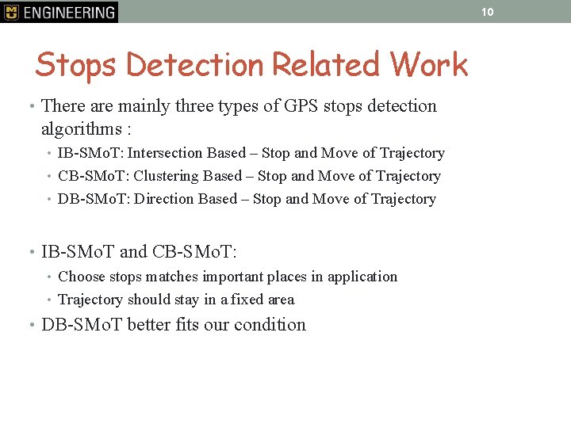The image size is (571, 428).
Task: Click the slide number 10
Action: point(488,12)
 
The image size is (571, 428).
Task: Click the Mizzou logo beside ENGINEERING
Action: point(11,12)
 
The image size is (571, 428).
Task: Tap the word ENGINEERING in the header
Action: point(69,13)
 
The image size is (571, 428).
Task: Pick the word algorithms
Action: point(83,128)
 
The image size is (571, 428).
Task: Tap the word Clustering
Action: point(167,176)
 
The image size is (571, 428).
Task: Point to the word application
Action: point(361,277)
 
